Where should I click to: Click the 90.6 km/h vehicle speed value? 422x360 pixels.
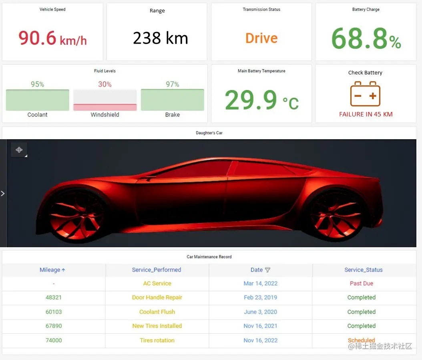pyautogui.click(x=52, y=38)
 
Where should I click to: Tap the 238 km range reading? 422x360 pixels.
pyautogui.click(x=160, y=38)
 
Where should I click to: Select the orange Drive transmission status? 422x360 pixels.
pyautogui.click(x=261, y=38)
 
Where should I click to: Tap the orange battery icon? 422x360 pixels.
pyautogui.click(x=365, y=94)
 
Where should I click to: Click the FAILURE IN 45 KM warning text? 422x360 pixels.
pyautogui.click(x=366, y=114)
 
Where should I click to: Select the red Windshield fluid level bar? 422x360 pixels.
pyautogui.click(x=105, y=107)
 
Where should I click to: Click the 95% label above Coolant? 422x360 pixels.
pyautogui.click(x=37, y=84)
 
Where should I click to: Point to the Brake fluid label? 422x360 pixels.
pyautogui.click(x=173, y=115)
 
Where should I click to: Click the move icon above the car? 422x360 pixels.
pyautogui.click(x=19, y=150)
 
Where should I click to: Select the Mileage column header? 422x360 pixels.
pyautogui.click(x=52, y=270)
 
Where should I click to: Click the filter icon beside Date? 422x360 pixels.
pyautogui.click(x=267, y=270)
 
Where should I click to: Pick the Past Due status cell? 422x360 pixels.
pyautogui.click(x=361, y=284)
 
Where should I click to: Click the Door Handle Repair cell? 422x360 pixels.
pyautogui.click(x=157, y=298)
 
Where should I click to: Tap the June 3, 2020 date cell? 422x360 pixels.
pyautogui.click(x=260, y=312)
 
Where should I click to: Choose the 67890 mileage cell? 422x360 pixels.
pyautogui.click(x=54, y=326)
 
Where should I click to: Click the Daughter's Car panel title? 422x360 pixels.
pyautogui.click(x=209, y=133)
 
